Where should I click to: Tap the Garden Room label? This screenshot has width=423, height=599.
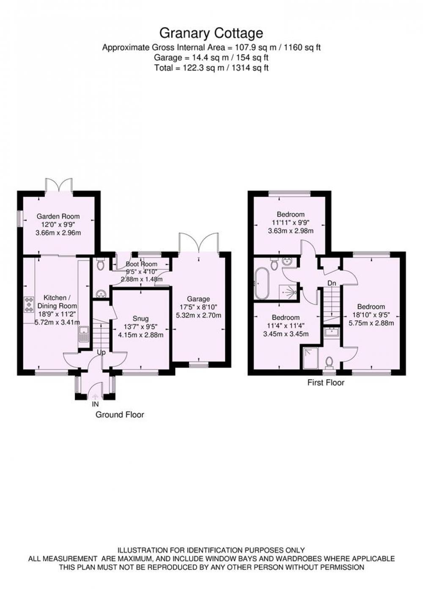point(58,216)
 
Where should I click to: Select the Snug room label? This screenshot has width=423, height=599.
point(140,318)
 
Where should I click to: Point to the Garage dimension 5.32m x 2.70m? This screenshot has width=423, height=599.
point(198,315)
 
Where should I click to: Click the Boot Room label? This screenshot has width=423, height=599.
point(142,264)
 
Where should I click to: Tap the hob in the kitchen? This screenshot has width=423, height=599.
point(29,305)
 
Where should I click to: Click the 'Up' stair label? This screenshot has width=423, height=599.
point(101,353)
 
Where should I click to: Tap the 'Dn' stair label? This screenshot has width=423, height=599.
point(332,283)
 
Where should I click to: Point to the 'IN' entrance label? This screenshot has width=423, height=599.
point(95,404)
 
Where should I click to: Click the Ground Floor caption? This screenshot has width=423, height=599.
point(120,415)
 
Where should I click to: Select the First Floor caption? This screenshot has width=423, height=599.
point(326,383)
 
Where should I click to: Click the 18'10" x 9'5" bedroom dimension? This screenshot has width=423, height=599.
point(371,315)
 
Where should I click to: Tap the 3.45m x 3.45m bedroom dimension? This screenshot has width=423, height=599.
point(286,334)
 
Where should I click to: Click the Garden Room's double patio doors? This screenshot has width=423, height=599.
point(59,185)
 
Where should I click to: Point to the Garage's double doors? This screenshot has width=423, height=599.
point(199,242)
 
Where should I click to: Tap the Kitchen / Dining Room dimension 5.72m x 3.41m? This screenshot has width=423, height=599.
point(58,322)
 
